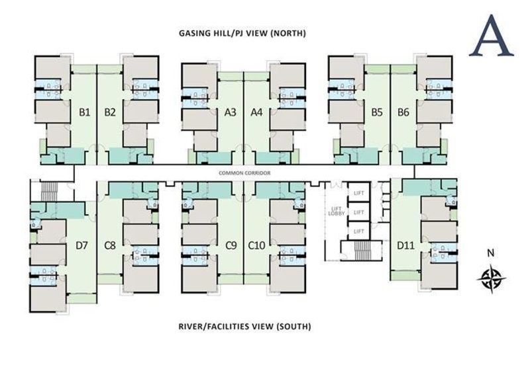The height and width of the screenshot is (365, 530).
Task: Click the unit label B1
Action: pos(84,112)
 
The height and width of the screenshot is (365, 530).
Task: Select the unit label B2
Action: pos(110,112)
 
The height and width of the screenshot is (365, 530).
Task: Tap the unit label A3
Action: pos(231,112)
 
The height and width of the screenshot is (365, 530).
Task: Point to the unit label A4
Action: pos(257,112)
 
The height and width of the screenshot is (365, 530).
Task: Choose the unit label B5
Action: pos(377,112)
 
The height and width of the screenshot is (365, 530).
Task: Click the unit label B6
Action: pos(403,112)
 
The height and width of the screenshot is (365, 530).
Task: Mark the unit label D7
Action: pos(81,246)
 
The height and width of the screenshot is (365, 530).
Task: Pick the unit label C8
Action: pos(110,246)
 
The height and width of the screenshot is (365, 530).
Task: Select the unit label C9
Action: pos(231,246)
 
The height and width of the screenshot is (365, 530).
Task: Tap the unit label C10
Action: pos(256,246)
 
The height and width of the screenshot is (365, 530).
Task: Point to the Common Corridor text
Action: pos(243,173)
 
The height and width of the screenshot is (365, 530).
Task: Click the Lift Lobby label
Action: pos(335,211)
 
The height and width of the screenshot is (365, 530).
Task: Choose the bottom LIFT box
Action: pos(359,231)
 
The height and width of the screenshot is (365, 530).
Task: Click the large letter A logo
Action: pos(491,36)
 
